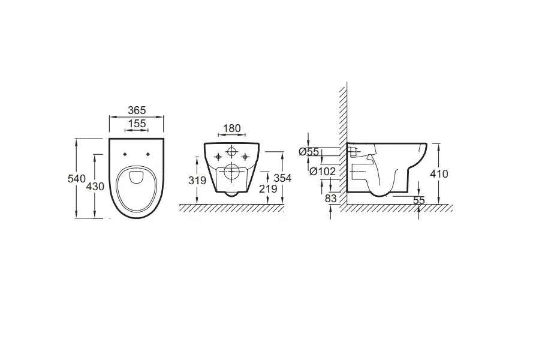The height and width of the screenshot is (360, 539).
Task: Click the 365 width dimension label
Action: tap(137, 110)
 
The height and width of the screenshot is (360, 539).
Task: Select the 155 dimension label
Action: tap(137, 123)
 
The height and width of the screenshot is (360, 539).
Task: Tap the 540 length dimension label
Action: tap(76, 179)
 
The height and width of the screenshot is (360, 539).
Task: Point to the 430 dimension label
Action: tap(95, 186)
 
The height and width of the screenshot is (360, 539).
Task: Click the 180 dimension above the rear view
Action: tap(231, 128)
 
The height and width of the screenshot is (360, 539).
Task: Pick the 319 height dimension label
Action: tap(197, 181)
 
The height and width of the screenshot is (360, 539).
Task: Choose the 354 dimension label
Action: tap(282, 178)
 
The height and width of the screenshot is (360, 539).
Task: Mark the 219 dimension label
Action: tap(268, 188)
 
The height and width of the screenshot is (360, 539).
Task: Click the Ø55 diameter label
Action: tap(309, 151)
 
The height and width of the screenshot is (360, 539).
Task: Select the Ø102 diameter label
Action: tap(323, 171)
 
